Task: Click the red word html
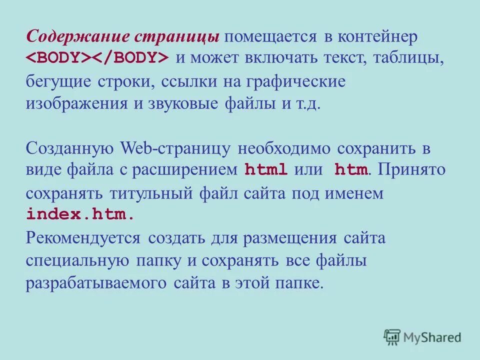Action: click(x=266, y=170)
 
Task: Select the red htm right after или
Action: click(x=351, y=170)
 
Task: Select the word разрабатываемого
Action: click(x=95, y=283)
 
